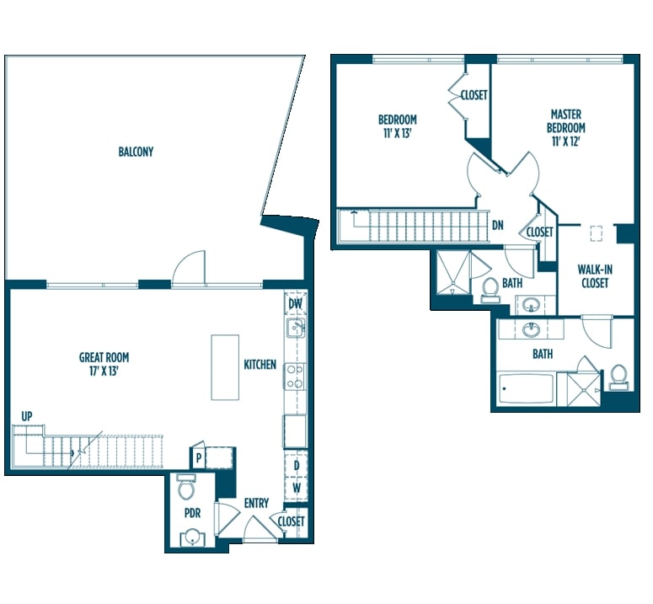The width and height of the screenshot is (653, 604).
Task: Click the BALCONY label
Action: [x=136, y=152]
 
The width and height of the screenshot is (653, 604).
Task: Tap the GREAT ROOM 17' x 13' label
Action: [x=104, y=364]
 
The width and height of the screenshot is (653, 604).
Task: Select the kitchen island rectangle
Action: [x=225, y=367]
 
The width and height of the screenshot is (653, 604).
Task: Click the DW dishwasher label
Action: [x=295, y=303]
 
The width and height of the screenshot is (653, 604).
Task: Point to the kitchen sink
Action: [x=295, y=327]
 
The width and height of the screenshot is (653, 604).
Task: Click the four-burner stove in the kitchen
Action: [x=295, y=377]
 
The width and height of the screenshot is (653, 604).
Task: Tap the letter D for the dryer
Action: [x=297, y=465]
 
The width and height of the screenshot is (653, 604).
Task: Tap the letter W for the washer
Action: [x=296, y=488]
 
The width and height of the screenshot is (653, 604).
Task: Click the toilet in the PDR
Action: [x=185, y=486]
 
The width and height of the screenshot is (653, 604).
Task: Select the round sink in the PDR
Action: [x=192, y=536]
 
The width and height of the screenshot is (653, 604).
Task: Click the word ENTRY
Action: [x=256, y=503]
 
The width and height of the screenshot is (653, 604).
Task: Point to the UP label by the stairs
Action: [x=27, y=416]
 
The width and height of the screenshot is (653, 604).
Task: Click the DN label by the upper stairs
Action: [x=498, y=226]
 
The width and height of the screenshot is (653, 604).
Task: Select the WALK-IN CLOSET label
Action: [x=595, y=276]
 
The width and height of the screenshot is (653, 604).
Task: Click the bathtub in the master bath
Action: [x=526, y=388]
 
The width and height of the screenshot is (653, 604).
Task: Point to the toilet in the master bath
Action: [x=618, y=377]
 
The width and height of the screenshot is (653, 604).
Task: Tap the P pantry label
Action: [x=199, y=458]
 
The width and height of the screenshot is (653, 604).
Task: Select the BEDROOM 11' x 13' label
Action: [x=398, y=126]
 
